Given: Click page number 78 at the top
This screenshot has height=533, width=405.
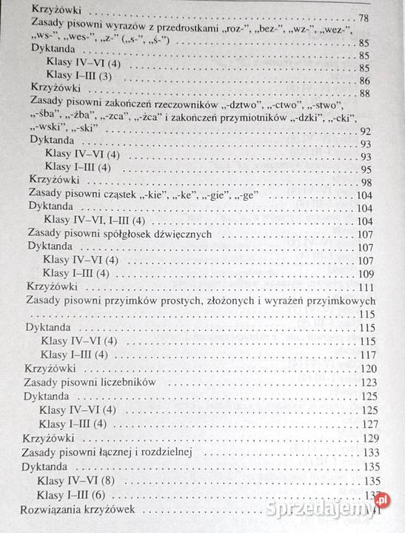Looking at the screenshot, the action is (364, 17).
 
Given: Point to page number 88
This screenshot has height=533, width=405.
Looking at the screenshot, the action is (364, 93).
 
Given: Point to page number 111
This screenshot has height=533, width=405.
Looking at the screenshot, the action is (365, 287).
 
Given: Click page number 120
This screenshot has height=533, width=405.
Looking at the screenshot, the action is (368, 368).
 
